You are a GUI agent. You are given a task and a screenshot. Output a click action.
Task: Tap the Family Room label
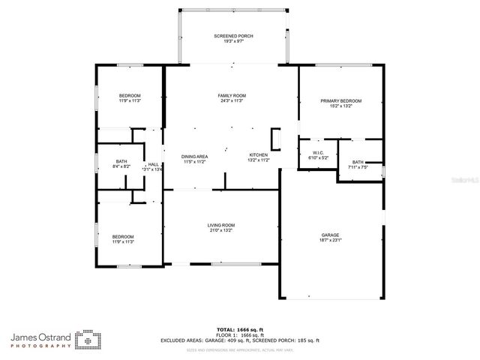tap(232, 96)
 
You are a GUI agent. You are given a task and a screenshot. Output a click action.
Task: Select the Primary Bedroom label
tap(341, 101)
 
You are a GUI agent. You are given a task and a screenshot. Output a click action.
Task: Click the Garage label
tap(331, 235)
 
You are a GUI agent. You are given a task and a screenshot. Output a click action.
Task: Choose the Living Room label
tap(221, 225)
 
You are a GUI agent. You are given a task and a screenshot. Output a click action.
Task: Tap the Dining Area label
tap(193, 156)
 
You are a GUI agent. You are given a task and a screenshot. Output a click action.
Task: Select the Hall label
tap(153, 164)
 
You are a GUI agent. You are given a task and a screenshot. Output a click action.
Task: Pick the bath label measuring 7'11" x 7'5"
tap(358, 162)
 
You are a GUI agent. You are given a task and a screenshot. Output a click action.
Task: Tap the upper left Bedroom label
tap(130, 95)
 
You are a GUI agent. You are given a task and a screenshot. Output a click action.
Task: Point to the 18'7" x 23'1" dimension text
tap(331, 240)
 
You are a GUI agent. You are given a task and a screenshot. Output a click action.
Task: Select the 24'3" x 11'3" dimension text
tap(232, 101)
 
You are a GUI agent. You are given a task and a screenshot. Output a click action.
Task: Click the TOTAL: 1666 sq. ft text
tap(239, 329)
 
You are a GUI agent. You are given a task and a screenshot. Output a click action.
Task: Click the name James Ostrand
tap(41, 337)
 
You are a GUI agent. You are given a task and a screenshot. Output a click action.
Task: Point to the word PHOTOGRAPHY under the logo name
tap(41, 347)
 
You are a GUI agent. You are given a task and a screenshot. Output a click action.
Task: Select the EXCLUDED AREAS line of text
tap(239, 340)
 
